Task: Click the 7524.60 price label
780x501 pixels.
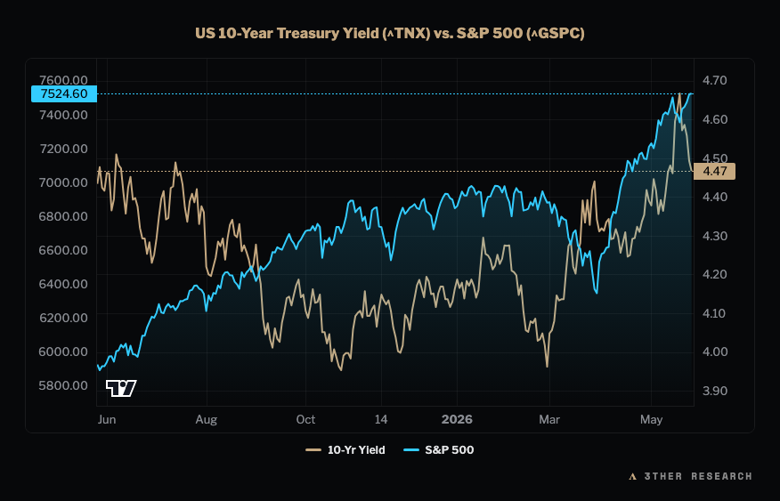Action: click(64, 94)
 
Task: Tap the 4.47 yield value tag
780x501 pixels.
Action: click(714, 172)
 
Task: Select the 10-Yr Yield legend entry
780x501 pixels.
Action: click(345, 449)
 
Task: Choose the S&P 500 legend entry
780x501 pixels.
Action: click(438, 449)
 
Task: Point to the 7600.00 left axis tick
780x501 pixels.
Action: click(63, 80)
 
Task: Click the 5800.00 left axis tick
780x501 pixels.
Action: click(63, 385)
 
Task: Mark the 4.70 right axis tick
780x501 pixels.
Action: click(714, 80)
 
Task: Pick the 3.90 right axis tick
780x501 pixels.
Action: click(714, 392)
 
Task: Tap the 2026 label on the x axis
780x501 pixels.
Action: click(457, 419)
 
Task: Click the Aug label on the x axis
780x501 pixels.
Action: click(207, 420)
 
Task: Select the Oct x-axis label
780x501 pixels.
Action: click(305, 419)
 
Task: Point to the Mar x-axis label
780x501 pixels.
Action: click(549, 419)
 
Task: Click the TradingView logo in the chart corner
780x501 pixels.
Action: click(121, 388)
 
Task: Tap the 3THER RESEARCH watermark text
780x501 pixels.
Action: click(698, 476)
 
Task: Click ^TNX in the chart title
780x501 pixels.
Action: click(407, 33)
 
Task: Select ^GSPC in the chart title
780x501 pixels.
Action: click(556, 33)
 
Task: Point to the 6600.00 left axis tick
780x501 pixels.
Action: click(63, 250)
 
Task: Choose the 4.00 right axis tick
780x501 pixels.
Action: click(714, 352)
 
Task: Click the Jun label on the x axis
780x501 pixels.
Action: click(107, 419)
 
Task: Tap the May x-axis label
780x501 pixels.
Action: click(651, 420)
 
